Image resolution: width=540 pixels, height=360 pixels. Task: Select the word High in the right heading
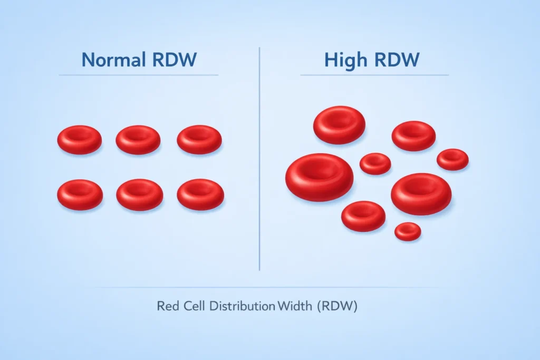[x=345, y=60]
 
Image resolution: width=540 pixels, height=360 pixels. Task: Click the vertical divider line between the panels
[x=260, y=158]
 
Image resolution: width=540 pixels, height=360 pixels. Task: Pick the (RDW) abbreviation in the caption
[x=337, y=306]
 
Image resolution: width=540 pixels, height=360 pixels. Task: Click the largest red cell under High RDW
[x=319, y=177]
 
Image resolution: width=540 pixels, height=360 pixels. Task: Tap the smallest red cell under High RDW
[x=408, y=231]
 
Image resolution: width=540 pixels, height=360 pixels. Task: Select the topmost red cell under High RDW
[x=339, y=125]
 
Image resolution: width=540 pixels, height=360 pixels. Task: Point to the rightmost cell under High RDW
[x=452, y=159]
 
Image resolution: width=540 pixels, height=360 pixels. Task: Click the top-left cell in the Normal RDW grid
[x=80, y=140]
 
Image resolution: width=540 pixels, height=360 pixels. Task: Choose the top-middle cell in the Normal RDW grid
[x=138, y=140]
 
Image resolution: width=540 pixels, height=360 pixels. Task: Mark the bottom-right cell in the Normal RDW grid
[x=200, y=194]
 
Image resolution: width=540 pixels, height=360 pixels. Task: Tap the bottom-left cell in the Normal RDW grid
[x=80, y=194]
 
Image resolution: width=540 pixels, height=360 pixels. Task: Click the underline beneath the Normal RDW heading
[x=138, y=75]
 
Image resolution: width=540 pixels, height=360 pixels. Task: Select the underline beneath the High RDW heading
[x=374, y=75]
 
